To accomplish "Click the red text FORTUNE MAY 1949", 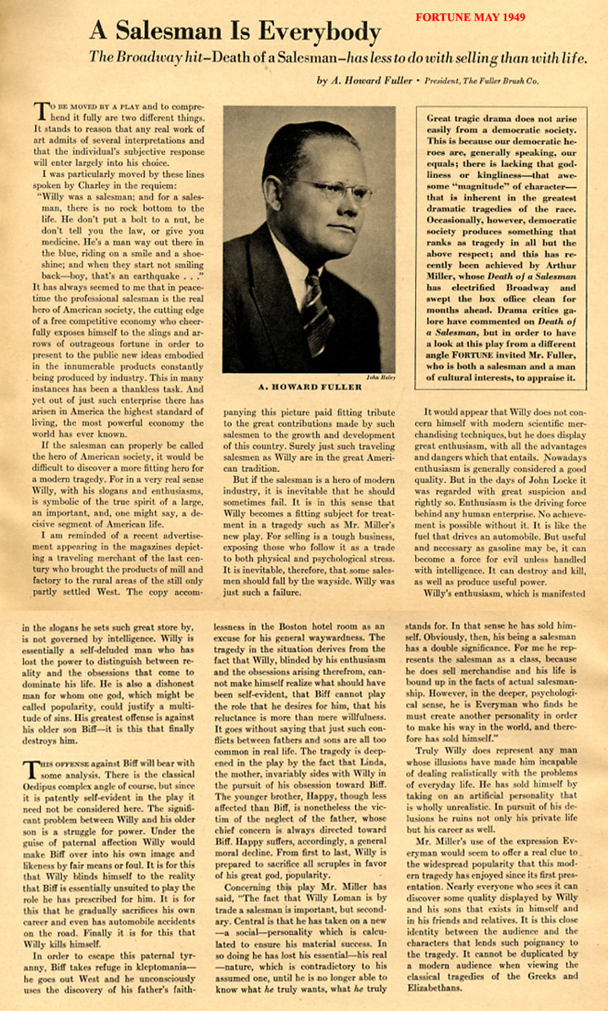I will click(x=470, y=17).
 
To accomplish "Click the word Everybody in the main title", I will click(x=319, y=31).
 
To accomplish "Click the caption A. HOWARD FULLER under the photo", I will click(x=310, y=387).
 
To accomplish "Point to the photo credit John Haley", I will click(x=381, y=377).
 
